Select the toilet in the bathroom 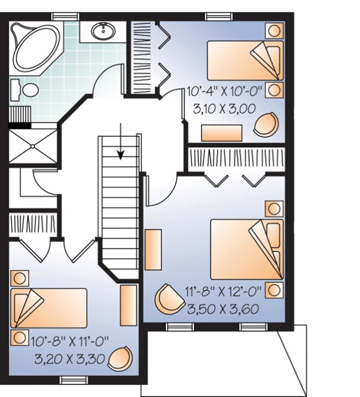click(28, 90)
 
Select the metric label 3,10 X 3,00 click(224, 109)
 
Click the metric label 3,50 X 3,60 click(222, 309)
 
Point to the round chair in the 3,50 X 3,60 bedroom click(169, 298)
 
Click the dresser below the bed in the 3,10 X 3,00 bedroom click(222, 132)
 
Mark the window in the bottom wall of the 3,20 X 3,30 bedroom click(70, 379)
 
